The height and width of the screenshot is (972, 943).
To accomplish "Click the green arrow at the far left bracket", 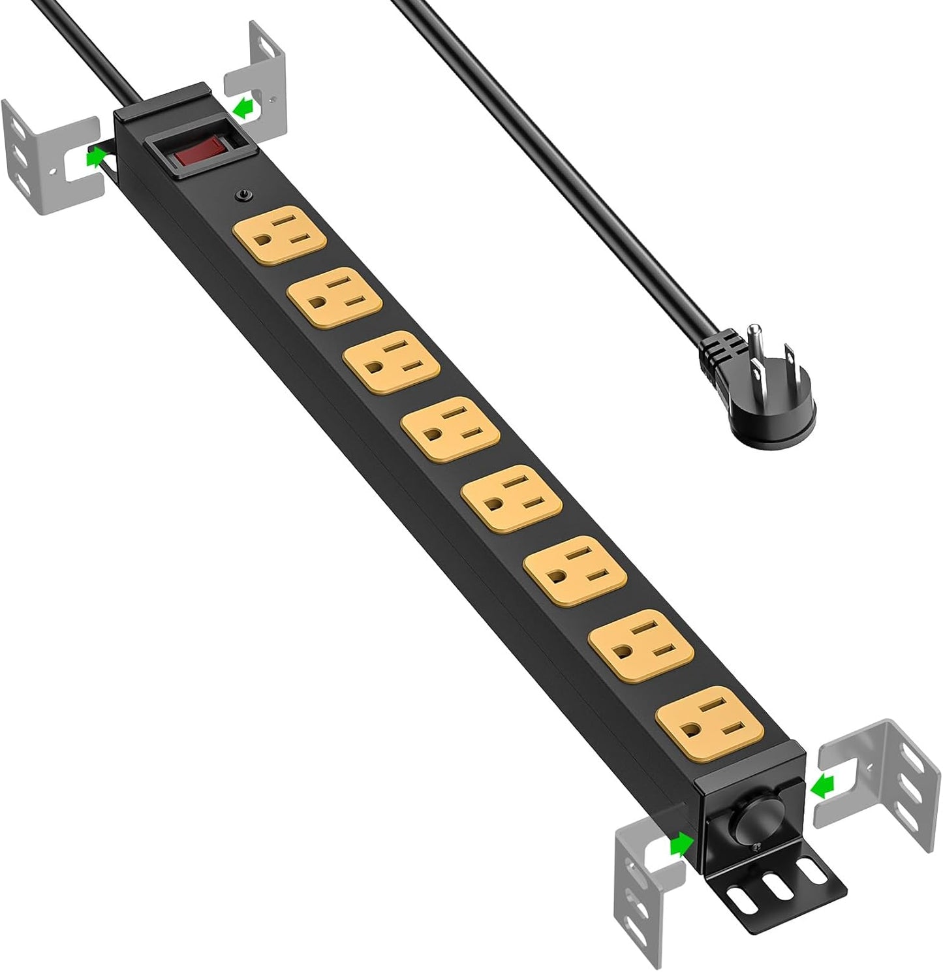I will click(x=97, y=157).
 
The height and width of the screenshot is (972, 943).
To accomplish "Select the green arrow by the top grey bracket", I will click(x=243, y=106).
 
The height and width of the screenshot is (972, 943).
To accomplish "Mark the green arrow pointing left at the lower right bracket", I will click(x=823, y=789).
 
